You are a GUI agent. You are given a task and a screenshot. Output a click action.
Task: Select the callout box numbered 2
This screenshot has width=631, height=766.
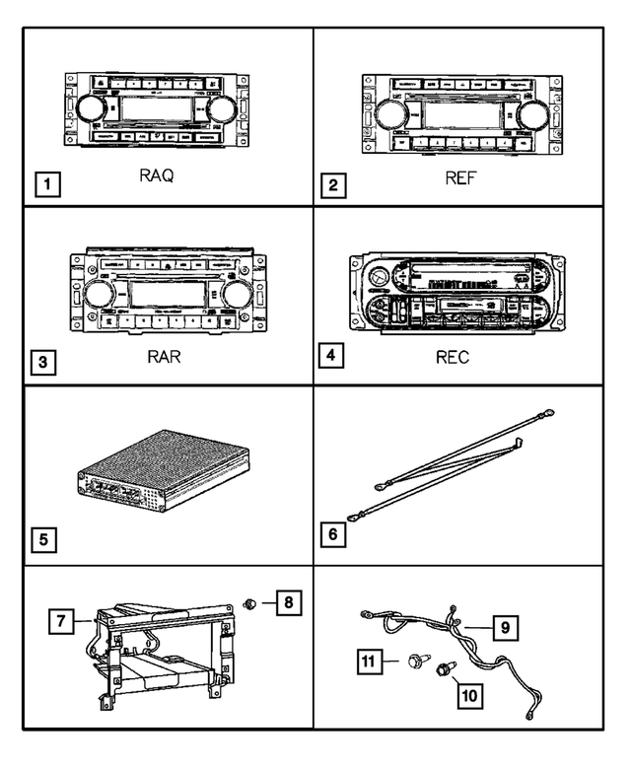[x=337, y=183]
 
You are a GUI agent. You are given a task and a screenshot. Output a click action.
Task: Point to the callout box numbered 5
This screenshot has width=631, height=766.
[x=44, y=540]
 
